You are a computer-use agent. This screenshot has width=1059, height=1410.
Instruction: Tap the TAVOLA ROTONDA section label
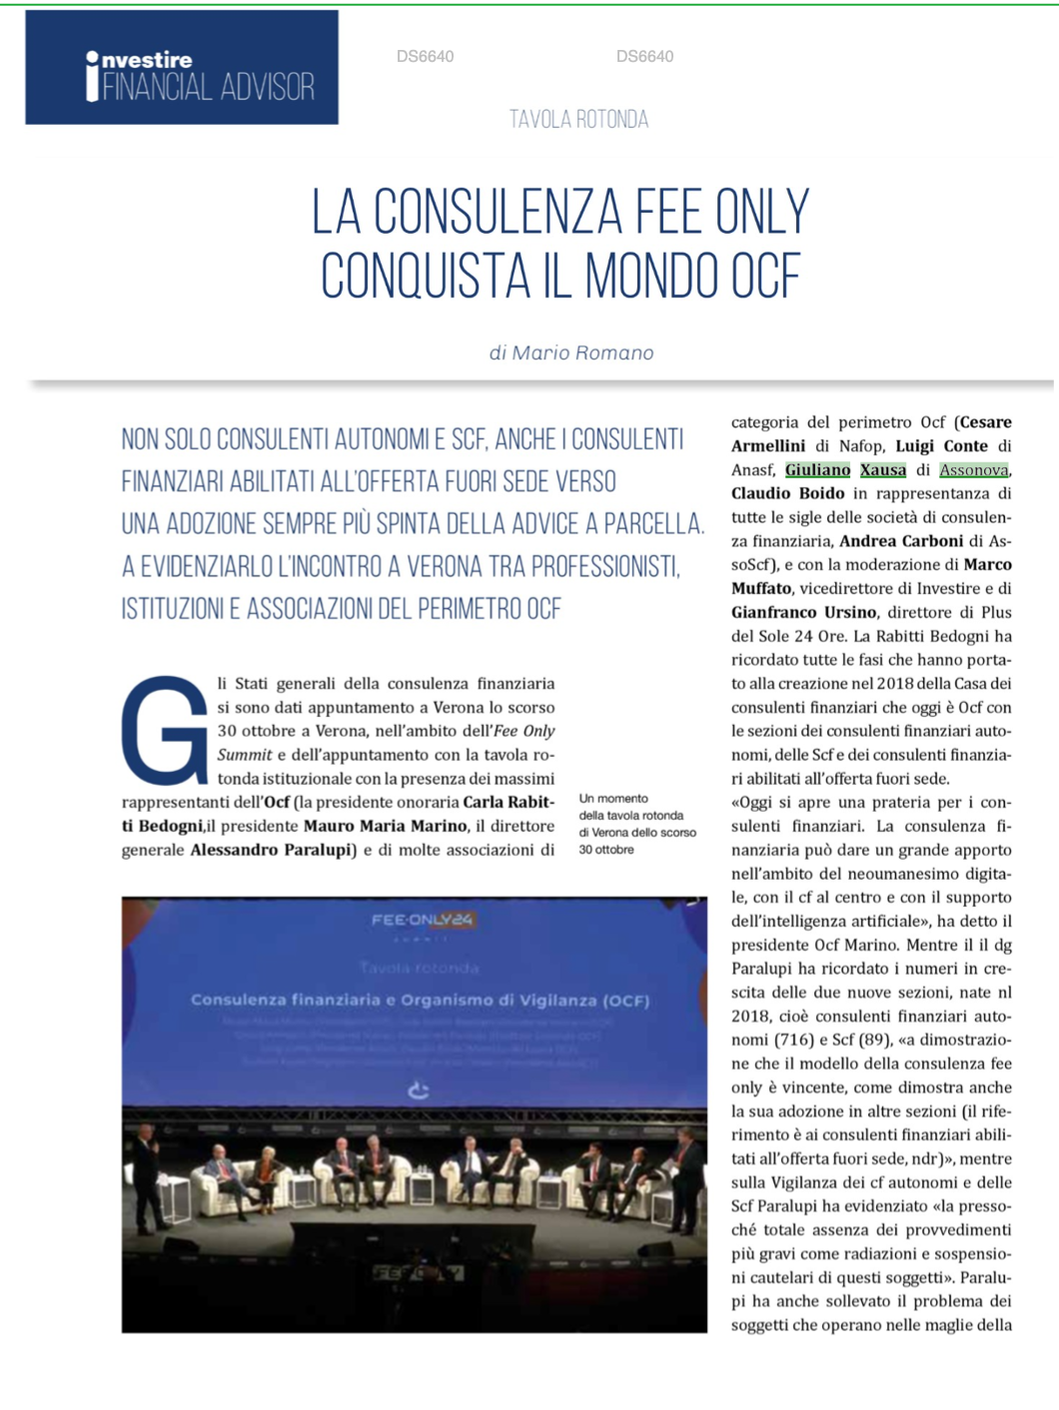[x=578, y=120]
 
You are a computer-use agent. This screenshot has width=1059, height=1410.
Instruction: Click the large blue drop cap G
[x=164, y=730]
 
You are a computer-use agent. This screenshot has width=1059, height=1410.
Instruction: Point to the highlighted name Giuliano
[x=817, y=469]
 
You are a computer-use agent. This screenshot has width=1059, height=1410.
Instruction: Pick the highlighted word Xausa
[x=883, y=469]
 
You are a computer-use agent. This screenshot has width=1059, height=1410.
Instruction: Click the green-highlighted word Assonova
[x=973, y=469]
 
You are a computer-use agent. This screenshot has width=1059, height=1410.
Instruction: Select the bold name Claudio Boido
[x=787, y=493]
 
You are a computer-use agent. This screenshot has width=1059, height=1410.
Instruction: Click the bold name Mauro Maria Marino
[x=385, y=826]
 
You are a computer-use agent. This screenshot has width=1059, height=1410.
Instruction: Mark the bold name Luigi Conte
[x=941, y=445]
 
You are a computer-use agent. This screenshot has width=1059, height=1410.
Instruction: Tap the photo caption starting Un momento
[x=636, y=824]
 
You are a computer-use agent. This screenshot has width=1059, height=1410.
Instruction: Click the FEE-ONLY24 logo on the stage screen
[x=421, y=920]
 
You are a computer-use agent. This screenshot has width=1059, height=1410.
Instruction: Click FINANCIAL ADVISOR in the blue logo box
[x=208, y=87]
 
